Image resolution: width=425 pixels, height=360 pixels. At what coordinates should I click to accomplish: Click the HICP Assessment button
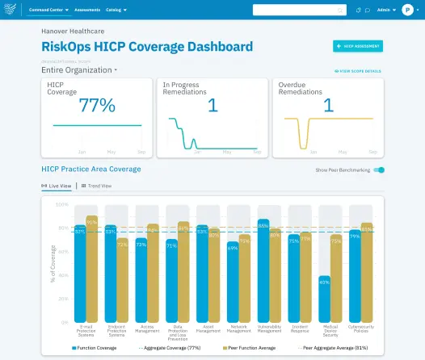point(358,47)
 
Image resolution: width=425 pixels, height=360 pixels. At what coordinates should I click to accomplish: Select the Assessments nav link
point(87,10)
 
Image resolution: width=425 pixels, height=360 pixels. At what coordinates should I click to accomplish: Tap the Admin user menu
point(386,10)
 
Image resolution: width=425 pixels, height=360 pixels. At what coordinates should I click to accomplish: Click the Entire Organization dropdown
point(79,70)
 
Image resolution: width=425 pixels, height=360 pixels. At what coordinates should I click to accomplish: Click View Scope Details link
point(358,71)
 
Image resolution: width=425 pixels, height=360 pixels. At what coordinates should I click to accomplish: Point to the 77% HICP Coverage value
point(96,105)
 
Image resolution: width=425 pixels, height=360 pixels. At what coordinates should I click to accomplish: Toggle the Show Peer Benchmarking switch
point(380,170)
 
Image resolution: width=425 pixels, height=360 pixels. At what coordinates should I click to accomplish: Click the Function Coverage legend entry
point(95,348)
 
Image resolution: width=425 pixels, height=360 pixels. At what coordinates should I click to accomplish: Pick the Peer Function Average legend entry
point(251,348)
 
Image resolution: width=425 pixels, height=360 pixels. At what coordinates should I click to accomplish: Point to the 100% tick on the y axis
point(61,204)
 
